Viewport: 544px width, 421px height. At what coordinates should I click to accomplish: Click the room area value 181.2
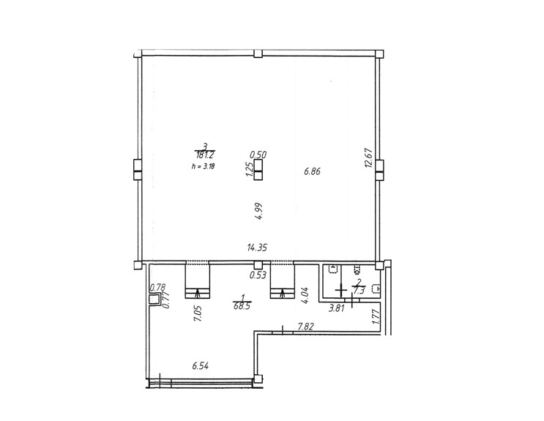pyautogui.click(x=205, y=155)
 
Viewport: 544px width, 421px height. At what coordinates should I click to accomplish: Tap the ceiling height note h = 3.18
pyautogui.click(x=203, y=166)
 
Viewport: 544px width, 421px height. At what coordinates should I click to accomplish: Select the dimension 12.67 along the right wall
pyautogui.click(x=368, y=158)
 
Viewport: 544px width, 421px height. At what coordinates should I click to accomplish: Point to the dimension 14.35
pyautogui.click(x=257, y=247)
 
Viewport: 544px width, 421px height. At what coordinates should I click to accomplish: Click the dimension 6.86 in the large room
pyautogui.click(x=312, y=171)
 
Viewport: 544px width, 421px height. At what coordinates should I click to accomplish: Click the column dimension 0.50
pyautogui.click(x=258, y=154)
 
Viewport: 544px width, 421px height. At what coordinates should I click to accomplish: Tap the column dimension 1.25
pyautogui.click(x=249, y=169)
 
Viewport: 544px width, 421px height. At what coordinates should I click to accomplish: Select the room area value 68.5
pyautogui.click(x=242, y=308)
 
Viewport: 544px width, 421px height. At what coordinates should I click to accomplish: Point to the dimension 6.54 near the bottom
pyautogui.click(x=200, y=366)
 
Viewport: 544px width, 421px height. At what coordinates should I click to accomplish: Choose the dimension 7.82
pyautogui.click(x=306, y=327)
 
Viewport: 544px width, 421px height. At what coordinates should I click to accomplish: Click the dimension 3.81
pyautogui.click(x=337, y=308)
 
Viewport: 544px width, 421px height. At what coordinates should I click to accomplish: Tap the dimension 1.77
pyautogui.click(x=376, y=317)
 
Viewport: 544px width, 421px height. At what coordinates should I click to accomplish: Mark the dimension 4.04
pyautogui.click(x=305, y=295)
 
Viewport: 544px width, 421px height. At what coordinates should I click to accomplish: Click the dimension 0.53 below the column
pyautogui.click(x=258, y=275)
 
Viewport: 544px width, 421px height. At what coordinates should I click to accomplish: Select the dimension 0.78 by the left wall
pyautogui.click(x=157, y=287)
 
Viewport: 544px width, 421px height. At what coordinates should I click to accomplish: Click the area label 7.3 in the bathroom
pyautogui.click(x=359, y=290)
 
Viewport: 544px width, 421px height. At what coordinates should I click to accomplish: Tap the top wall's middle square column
pyautogui.click(x=258, y=53)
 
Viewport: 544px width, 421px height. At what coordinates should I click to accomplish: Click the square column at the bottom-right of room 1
pyautogui.click(x=258, y=379)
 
